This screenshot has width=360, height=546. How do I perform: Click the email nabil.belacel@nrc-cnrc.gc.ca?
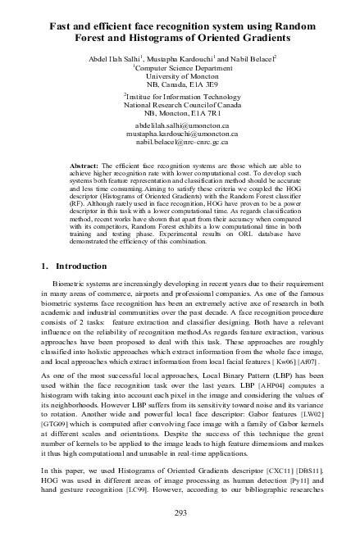pos(180,144)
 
